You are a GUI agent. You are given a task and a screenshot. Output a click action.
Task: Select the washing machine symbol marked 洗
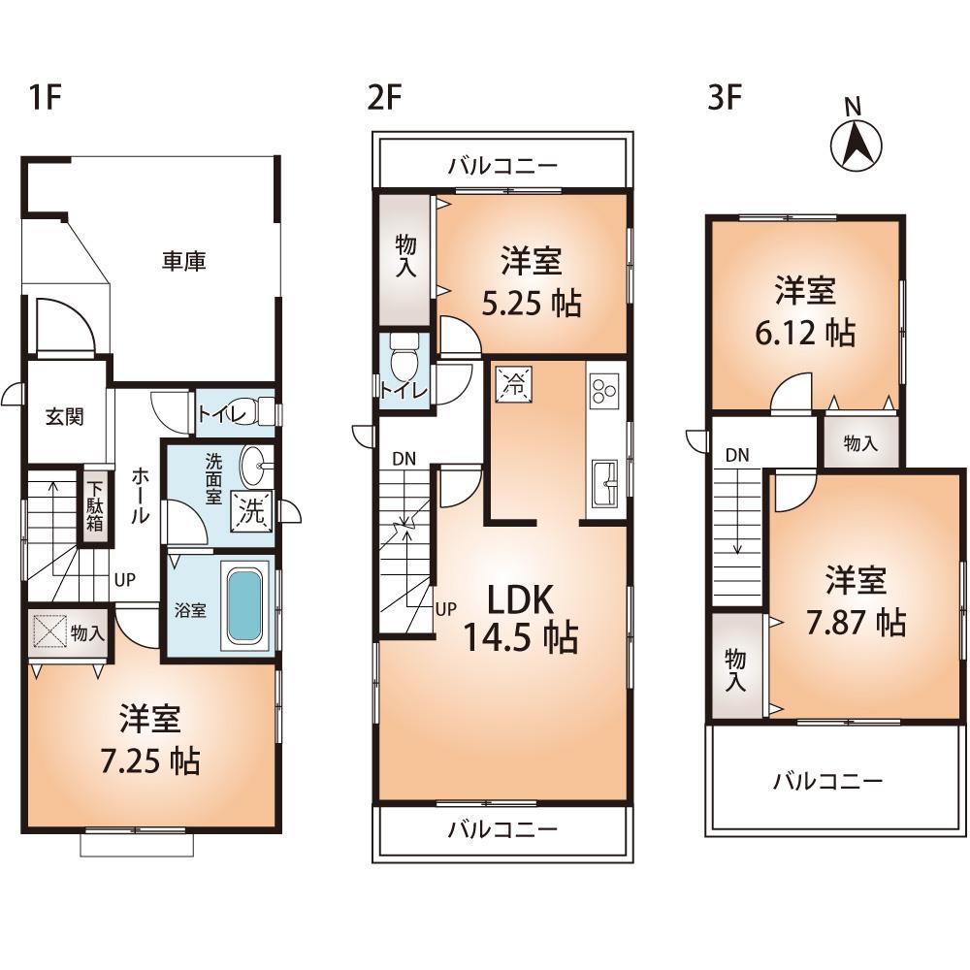tap(252, 512)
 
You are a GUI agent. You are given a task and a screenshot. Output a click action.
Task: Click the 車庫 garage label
tap(183, 261)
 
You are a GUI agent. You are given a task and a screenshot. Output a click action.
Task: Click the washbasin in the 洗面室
tap(252, 465)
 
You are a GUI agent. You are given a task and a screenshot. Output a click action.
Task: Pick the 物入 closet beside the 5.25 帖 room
tap(405, 259)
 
